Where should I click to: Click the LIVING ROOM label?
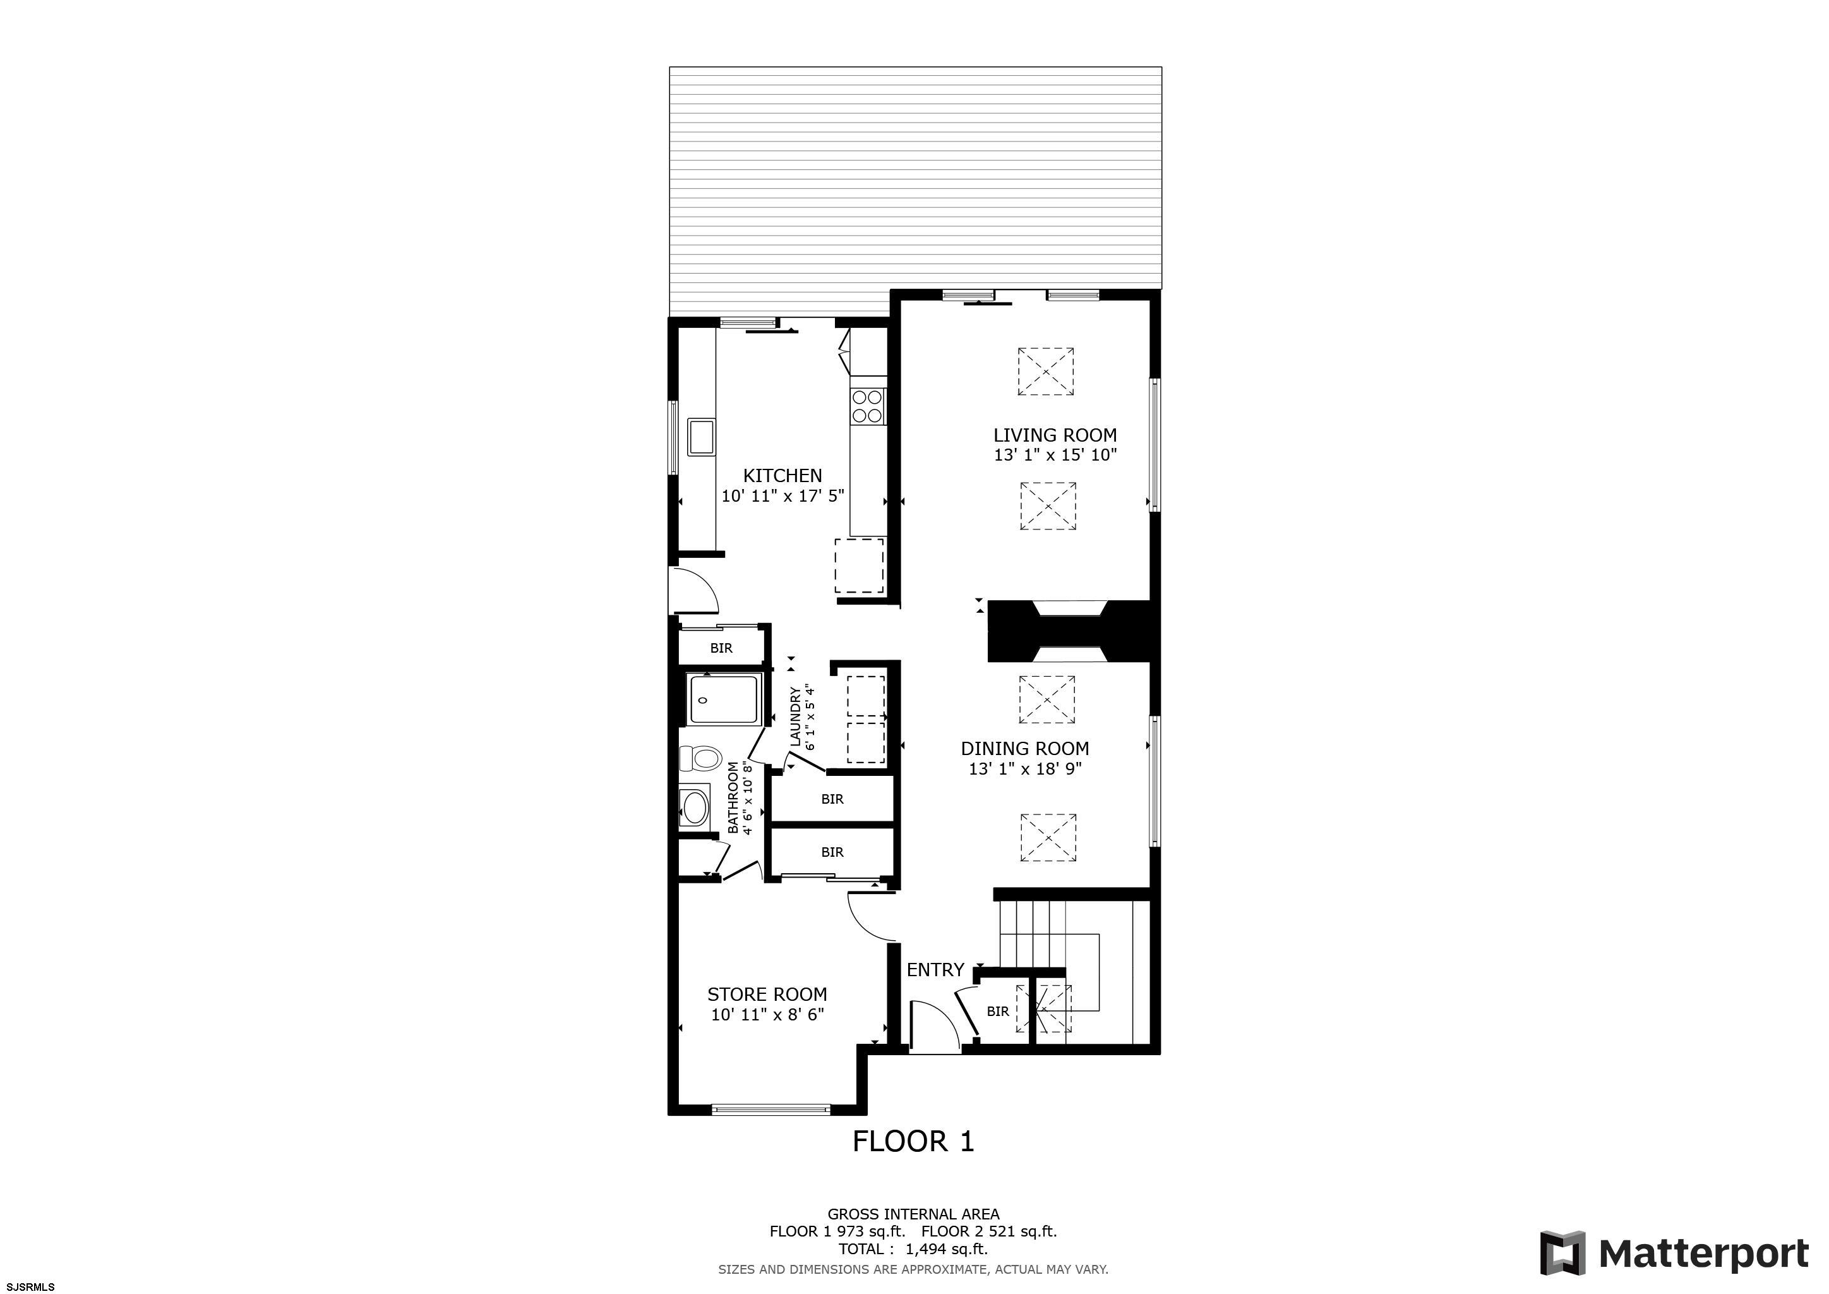tap(1055, 435)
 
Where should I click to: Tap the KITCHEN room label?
tap(783, 476)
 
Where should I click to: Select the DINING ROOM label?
tap(1024, 748)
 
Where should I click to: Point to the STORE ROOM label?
tap(767, 995)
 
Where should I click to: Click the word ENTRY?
tap(935, 970)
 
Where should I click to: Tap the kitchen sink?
tap(144, 436)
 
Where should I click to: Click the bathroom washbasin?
tap(695, 807)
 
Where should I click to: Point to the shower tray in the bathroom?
tap(726, 699)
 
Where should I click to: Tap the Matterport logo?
tap(1674, 1254)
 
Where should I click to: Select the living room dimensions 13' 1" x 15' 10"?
tap(1055, 455)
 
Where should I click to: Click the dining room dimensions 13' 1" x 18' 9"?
tap(1024, 769)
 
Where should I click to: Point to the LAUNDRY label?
tap(795, 717)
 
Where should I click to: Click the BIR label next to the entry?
tap(997, 1011)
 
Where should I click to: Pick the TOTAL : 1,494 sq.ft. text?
tap(913, 1249)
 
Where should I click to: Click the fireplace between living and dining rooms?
tap(1069, 631)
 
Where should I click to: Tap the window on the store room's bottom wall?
tap(771, 1108)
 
